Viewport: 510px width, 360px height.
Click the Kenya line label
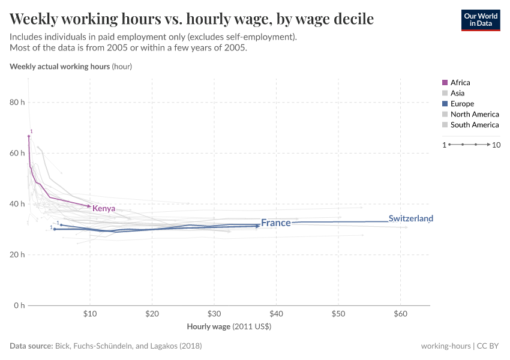point(103,209)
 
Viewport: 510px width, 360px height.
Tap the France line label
point(275,223)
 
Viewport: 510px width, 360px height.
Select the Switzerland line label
point(410,218)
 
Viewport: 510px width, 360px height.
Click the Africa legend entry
point(460,82)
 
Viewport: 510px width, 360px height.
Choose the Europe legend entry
point(462,104)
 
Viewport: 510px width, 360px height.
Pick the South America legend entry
point(474,125)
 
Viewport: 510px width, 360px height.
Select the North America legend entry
point(474,114)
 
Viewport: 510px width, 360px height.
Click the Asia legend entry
point(457,93)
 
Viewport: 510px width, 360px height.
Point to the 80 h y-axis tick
point(17,103)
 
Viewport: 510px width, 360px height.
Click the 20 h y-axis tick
point(17,255)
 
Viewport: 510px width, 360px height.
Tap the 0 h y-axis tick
point(19,305)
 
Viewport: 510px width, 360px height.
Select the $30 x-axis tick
point(214,314)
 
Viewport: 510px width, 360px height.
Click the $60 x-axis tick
point(400,314)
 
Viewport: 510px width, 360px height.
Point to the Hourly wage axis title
point(229,327)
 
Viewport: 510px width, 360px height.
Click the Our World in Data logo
point(480,20)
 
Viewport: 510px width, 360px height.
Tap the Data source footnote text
point(106,346)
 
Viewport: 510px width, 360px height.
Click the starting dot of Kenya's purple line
point(28,136)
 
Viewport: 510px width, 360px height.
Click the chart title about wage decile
point(191,19)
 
